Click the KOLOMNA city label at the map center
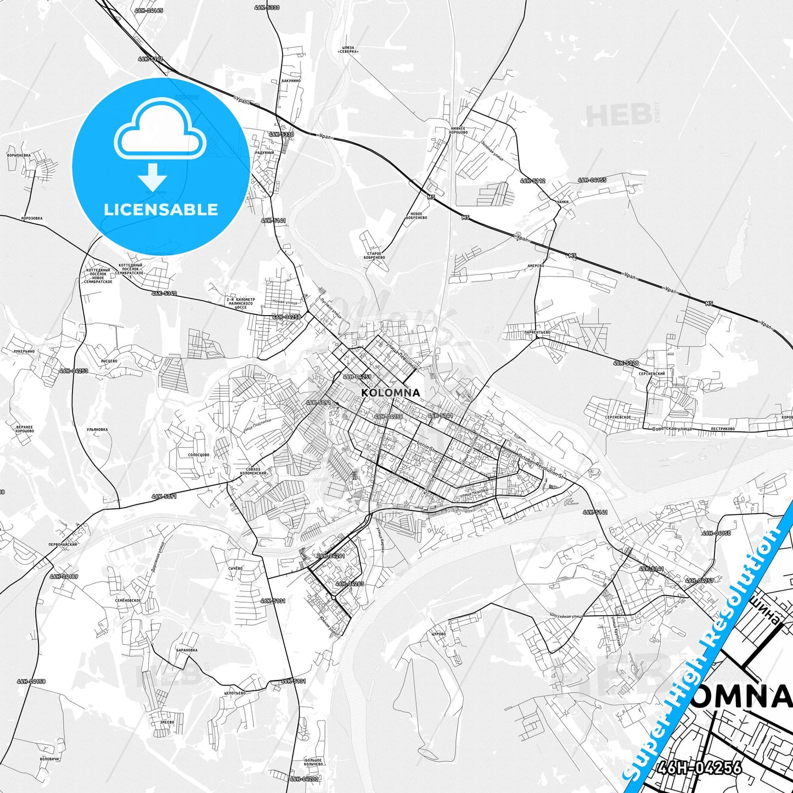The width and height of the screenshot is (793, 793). tap(391, 392)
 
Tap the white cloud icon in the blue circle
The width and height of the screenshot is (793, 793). tap(160, 131)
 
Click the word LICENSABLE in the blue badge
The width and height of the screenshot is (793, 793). tap(161, 209)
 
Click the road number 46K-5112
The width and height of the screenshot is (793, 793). tap(533, 181)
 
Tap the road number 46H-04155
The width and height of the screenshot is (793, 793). tap(592, 180)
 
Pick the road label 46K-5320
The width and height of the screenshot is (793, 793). tap(626, 363)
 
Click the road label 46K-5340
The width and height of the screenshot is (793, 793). tap(164, 294)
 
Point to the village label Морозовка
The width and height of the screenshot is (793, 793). tap(31, 218)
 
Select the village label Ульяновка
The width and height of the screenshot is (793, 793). tap(97, 430)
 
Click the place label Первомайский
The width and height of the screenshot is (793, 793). tap(63, 544)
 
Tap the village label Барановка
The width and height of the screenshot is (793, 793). tap(187, 650)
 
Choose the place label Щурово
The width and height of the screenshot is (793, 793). tap(438, 633)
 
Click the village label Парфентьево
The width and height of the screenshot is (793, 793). tap(537, 332)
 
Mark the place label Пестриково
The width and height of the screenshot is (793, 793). tap(723, 429)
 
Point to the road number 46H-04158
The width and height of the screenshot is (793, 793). tap(31, 681)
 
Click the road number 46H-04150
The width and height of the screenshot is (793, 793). tap(716, 533)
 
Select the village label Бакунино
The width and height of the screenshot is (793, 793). tap(290, 81)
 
